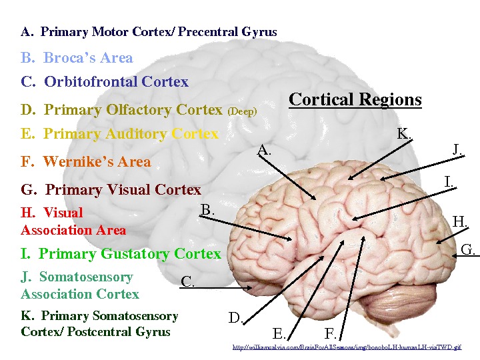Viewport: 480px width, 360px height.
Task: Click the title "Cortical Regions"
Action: click(x=355, y=100)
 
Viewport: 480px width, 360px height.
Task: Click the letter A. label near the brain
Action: click(x=265, y=151)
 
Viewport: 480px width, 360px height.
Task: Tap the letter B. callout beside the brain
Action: click(x=207, y=210)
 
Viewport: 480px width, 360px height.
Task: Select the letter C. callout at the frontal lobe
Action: click(x=188, y=282)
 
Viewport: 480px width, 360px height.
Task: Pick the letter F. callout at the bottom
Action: click(x=331, y=333)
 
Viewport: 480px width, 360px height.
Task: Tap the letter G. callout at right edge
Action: click(x=468, y=250)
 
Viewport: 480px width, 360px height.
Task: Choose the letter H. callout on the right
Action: click(x=459, y=221)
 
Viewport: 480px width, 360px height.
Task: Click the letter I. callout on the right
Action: click(x=450, y=181)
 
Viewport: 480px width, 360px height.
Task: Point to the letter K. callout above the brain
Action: click(x=404, y=133)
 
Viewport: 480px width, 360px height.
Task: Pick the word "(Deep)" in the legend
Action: click(x=243, y=111)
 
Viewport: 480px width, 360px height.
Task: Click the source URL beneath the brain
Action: click(x=346, y=347)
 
